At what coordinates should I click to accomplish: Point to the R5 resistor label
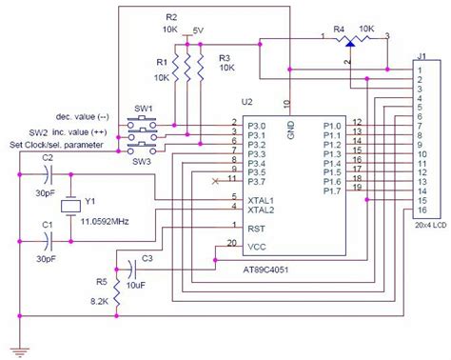click(102, 282)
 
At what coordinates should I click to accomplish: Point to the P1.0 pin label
click(332, 124)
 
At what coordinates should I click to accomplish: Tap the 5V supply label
click(198, 30)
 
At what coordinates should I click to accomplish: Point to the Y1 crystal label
click(90, 201)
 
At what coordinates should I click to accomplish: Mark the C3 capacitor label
click(147, 257)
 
